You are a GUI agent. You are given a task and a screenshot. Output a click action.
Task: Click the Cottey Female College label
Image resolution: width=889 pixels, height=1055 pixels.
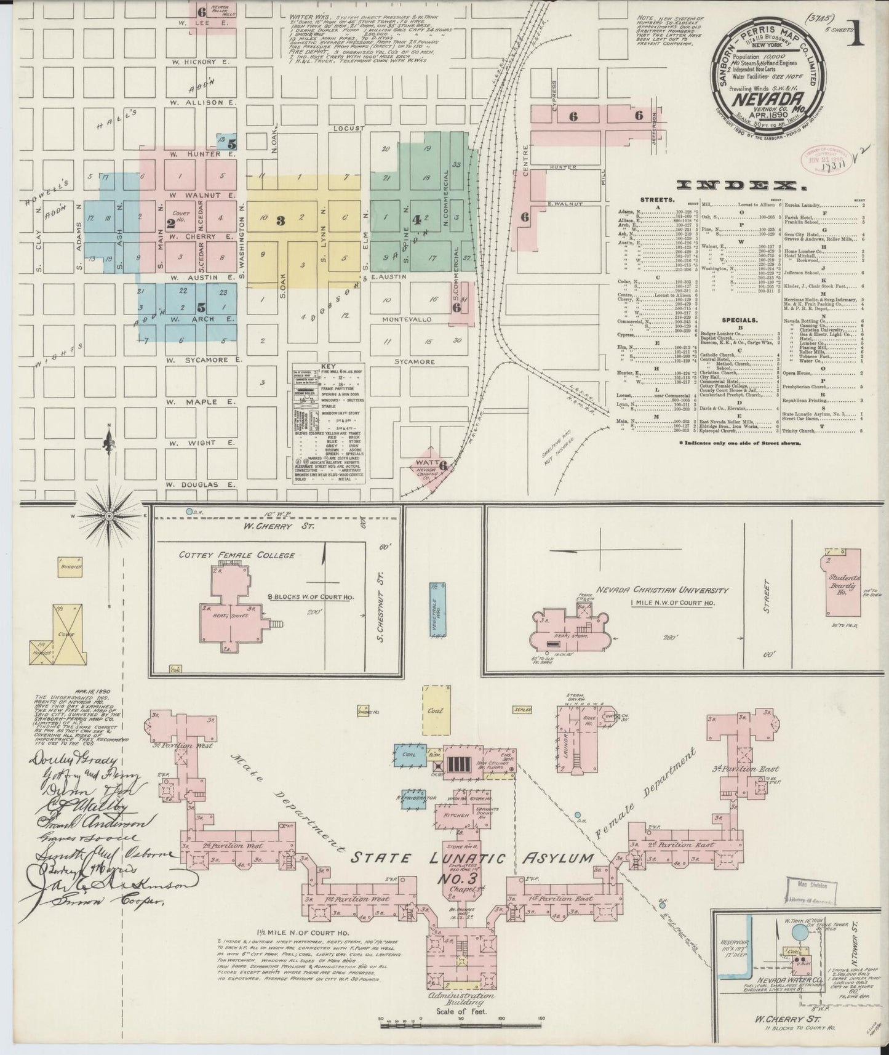237,555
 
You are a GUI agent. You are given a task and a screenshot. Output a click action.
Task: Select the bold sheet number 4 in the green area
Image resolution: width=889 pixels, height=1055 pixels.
417,219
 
